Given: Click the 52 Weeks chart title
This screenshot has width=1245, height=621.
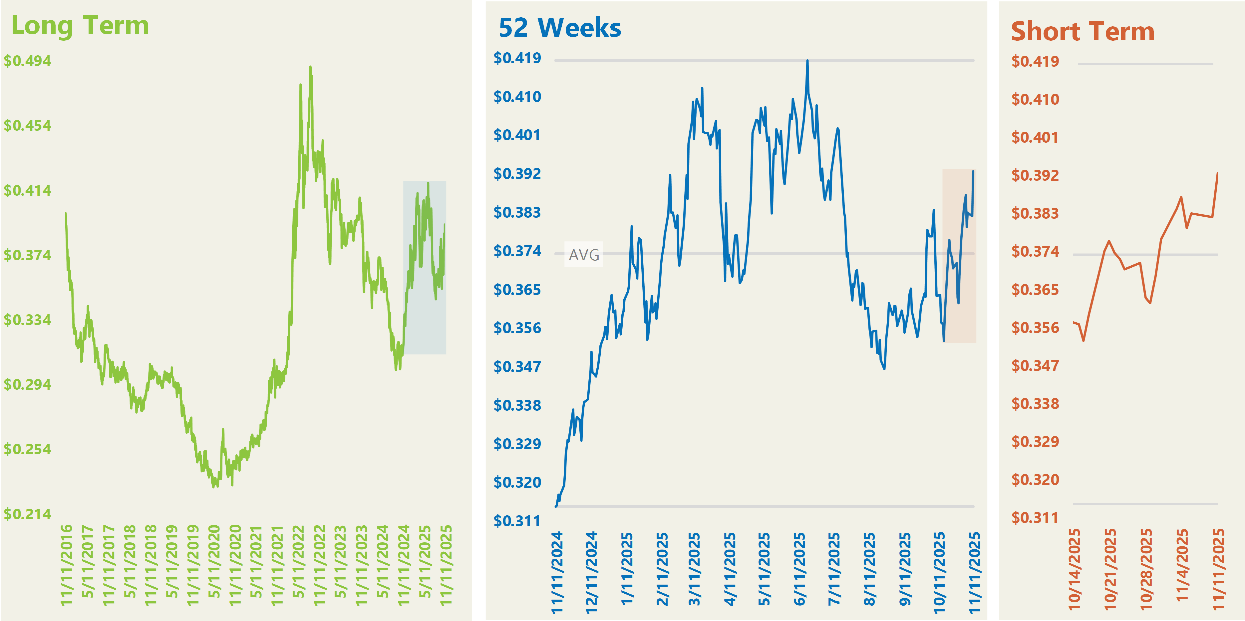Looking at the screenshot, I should pyautogui.click(x=560, y=28).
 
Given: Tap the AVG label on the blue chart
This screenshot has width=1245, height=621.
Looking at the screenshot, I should pyautogui.click(x=584, y=254).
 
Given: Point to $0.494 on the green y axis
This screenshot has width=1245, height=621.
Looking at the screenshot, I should pyautogui.click(x=28, y=61).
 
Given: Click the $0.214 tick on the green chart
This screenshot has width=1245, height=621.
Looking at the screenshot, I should pyautogui.click(x=28, y=514).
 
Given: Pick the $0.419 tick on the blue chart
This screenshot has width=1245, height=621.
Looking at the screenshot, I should pyautogui.click(x=517, y=58).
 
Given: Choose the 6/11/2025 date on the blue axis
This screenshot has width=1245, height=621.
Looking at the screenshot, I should pyautogui.click(x=799, y=569).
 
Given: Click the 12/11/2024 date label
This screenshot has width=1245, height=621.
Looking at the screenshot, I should pyautogui.click(x=592, y=572).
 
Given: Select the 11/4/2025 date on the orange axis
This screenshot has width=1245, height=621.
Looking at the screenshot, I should pyautogui.click(x=1182, y=565).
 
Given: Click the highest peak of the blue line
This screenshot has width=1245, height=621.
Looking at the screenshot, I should pyautogui.click(x=807, y=61).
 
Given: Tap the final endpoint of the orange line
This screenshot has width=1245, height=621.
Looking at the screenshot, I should pyautogui.click(x=1217, y=173).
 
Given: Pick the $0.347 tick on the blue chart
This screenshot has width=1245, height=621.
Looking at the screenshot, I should pyautogui.click(x=517, y=367).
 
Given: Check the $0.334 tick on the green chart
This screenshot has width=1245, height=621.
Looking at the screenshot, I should pyautogui.click(x=28, y=320).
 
